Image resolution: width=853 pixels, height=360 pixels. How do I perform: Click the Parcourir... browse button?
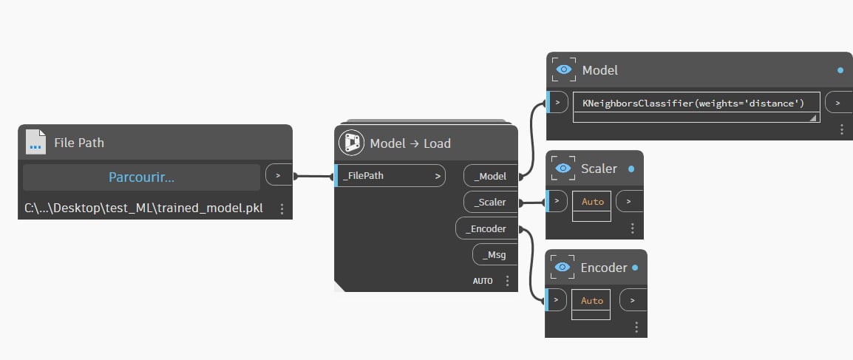click(141, 177)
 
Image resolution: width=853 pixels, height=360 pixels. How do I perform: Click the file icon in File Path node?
click(36, 142)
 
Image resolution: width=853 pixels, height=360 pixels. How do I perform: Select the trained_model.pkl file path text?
click(143, 208)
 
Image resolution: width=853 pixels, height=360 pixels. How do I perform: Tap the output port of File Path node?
click(279, 175)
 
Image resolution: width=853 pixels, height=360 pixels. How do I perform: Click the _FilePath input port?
click(390, 176)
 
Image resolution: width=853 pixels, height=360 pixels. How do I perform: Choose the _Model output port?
click(491, 176)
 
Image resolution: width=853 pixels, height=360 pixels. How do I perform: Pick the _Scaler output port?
click(491, 203)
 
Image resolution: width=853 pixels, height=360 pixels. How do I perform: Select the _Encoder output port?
click(486, 229)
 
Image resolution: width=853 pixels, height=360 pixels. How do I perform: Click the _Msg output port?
click(495, 254)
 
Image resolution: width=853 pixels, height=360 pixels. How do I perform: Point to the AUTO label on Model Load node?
click(483, 281)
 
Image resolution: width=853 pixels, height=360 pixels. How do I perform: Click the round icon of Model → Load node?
click(351, 143)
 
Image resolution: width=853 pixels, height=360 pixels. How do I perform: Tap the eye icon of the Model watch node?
click(564, 69)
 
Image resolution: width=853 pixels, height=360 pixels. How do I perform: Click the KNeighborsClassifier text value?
click(693, 103)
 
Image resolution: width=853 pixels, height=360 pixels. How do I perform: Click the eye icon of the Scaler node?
click(563, 168)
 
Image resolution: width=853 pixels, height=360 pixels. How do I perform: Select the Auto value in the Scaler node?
click(592, 202)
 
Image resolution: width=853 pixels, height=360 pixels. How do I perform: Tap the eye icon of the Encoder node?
click(563, 267)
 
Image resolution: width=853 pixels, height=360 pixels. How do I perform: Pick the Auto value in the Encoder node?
click(592, 301)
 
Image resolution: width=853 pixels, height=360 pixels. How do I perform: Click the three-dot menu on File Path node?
click(282, 208)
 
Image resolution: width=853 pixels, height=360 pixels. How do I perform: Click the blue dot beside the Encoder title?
click(635, 268)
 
